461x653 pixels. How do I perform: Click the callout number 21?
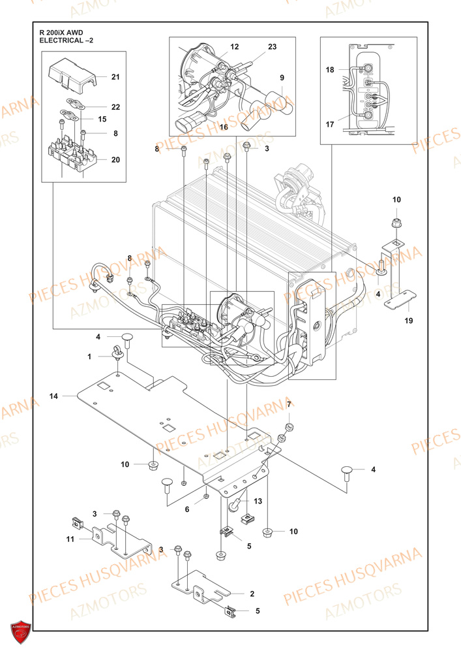tap(115, 77)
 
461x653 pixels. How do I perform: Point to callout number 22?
tap(115, 106)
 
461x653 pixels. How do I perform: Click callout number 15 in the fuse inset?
tap(102, 119)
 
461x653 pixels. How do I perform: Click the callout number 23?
tap(272, 47)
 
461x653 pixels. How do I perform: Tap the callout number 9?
tap(282, 78)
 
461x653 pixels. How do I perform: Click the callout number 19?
tap(408, 321)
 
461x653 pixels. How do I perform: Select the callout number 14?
tap(53, 396)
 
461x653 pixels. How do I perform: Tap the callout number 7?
tap(289, 405)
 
